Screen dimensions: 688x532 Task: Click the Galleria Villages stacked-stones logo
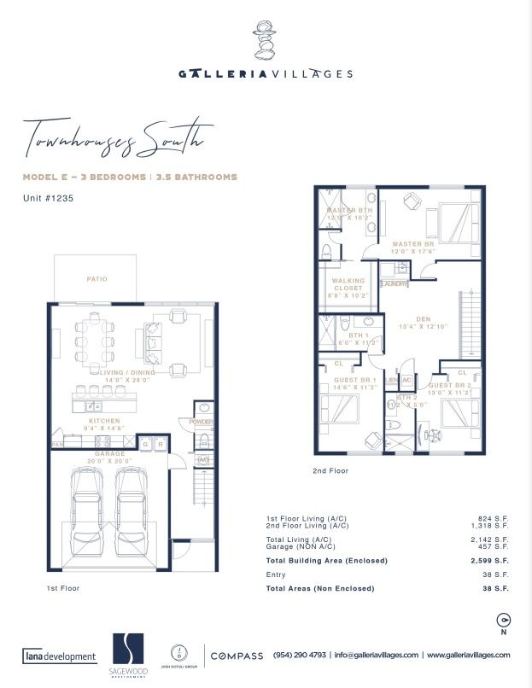[x=265, y=38]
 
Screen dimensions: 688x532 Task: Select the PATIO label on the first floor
[x=96, y=278]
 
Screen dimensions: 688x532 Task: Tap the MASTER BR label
[x=414, y=244]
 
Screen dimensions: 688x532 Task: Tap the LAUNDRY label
[x=395, y=283]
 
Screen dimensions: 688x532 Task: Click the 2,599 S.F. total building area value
[x=491, y=560]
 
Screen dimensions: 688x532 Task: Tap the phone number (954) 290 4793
[x=300, y=655]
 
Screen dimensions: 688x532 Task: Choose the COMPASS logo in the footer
[x=237, y=655]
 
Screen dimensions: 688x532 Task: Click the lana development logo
[x=59, y=656]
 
